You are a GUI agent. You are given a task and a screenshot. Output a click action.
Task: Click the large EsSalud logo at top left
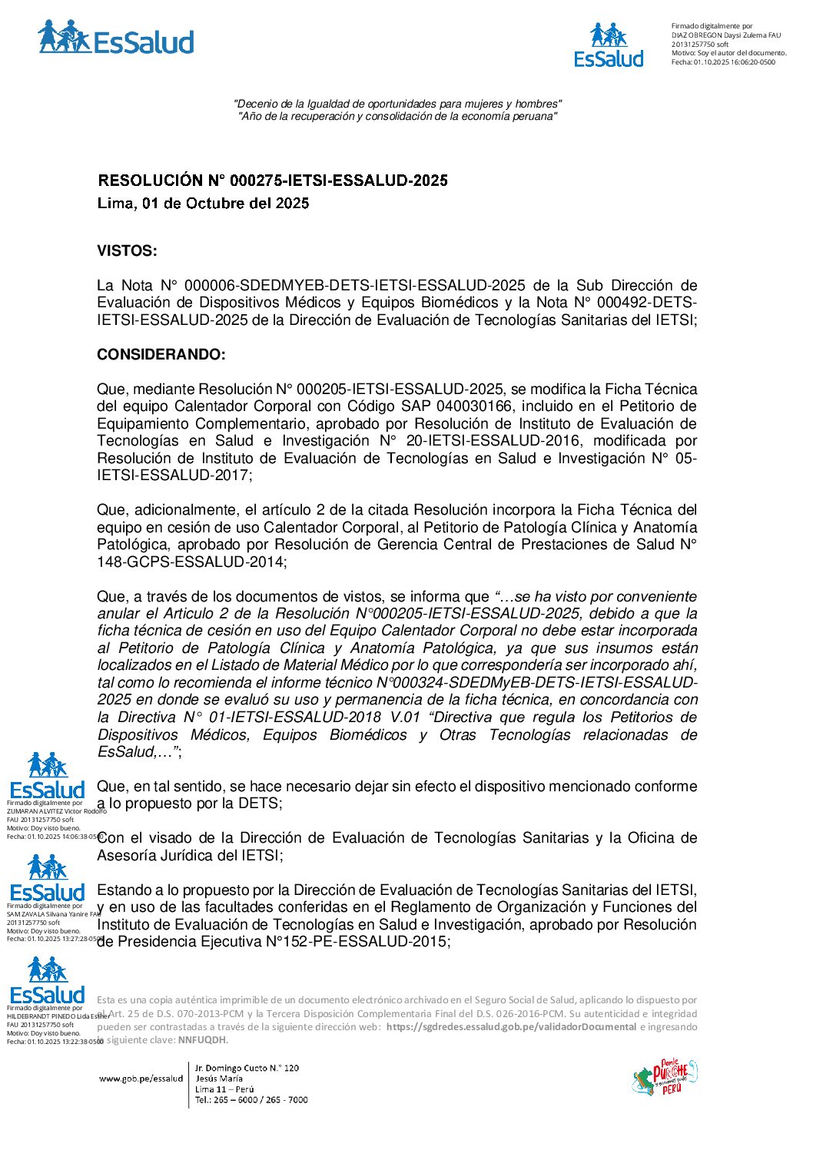pyautogui.click(x=115, y=38)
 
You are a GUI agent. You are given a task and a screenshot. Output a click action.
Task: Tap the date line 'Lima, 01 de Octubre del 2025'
pyautogui.click(x=203, y=204)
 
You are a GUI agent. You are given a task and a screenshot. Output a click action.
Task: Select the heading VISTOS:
pyautogui.click(x=127, y=251)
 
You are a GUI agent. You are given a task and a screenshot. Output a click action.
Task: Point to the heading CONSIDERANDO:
pyautogui.click(x=161, y=355)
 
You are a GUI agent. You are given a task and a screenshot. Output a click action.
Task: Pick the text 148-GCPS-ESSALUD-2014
pyautogui.click(x=191, y=562)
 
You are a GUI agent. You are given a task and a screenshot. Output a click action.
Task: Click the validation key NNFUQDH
pyautogui.click(x=202, y=1040)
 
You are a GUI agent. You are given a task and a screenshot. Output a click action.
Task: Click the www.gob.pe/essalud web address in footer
pyautogui.click(x=141, y=1079)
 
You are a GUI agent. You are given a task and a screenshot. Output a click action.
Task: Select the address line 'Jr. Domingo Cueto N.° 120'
pyautogui.click(x=247, y=1068)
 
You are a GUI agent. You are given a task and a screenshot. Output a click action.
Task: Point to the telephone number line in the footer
pyautogui.click(x=251, y=1100)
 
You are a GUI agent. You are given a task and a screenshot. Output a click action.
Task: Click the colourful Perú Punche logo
pyautogui.click(x=665, y=1077)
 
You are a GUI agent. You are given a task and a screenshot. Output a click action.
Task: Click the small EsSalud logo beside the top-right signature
pyautogui.click(x=609, y=45)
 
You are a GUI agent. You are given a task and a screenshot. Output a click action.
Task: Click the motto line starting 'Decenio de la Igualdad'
pyautogui.click(x=397, y=104)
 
